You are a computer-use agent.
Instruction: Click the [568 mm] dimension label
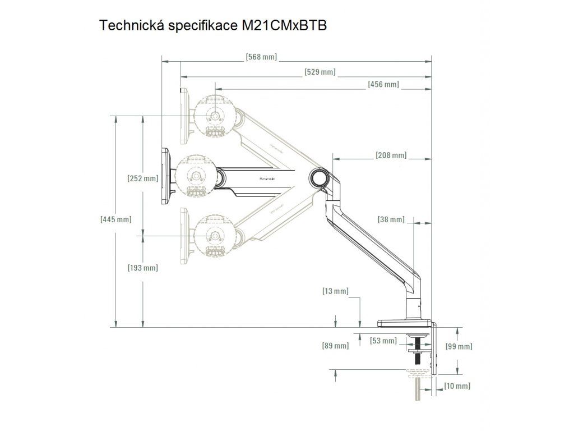pos(261,57)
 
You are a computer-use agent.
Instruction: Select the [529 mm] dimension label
pos(320,72)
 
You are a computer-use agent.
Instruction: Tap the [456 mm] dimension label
pos(383,84)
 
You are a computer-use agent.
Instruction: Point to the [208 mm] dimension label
pos(391,155)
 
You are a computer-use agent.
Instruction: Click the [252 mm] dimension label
pos(143,178)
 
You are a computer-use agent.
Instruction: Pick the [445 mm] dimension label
pos(115,219)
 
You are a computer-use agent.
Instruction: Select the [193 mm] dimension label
pos(143,268)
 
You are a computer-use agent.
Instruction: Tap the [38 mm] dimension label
pos(391,219)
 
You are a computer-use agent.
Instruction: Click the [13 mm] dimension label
pos(335,291)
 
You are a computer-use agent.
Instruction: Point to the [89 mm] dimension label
pos(335,346)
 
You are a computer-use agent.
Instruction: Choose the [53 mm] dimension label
pos(381,340)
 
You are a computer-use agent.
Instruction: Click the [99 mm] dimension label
pos(458,347)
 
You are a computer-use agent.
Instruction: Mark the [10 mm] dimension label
pos(457,386)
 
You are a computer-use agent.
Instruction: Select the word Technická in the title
pos(126,26)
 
